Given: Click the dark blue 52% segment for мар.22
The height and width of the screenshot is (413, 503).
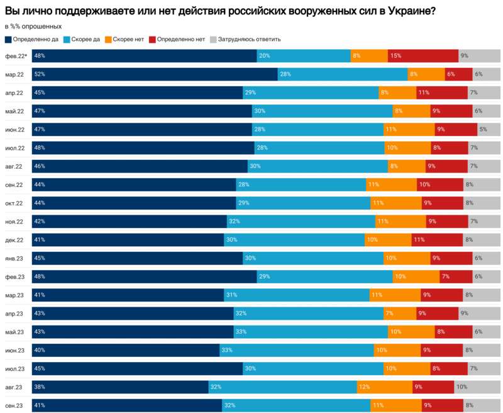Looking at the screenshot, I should [154, 74].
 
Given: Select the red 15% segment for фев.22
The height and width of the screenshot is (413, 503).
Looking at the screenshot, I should [423, 56].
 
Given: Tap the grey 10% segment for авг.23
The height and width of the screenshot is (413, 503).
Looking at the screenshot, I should [477, 387].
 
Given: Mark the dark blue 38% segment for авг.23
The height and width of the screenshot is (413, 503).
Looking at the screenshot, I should [119, 387].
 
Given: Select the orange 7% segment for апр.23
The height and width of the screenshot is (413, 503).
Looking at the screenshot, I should [399, 314].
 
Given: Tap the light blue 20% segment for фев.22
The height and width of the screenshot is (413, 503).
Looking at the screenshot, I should [303, 56].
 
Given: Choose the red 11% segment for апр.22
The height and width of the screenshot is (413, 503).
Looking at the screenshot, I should [442, 93].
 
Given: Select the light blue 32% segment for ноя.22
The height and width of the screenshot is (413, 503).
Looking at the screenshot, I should [301, 222].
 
